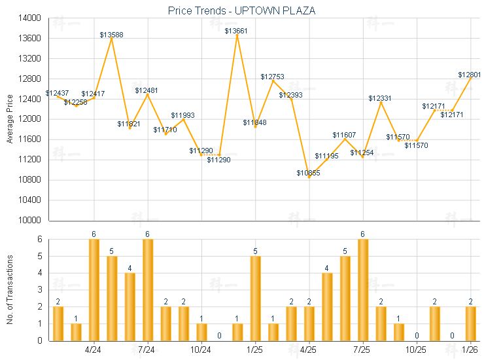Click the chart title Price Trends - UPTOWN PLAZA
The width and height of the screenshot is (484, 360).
pos(241,10)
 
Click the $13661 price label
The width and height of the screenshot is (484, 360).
pos(237,31)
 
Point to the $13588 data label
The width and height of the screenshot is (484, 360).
pos(112,34)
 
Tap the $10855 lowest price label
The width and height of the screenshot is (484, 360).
pos(308,173)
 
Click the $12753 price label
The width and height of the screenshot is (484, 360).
pos(273,77)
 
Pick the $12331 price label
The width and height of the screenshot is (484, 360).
pos(380,98)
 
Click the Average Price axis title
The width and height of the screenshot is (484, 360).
pos(10,119)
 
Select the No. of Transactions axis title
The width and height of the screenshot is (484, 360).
pos(10,289)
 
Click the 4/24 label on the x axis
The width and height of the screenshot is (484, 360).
pos(94,350)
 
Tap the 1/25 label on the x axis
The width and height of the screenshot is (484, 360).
pos(255,350)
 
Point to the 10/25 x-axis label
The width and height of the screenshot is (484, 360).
pos(416,350)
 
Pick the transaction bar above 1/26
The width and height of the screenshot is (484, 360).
pos(470,323)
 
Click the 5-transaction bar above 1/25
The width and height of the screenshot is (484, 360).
pos(255,298)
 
